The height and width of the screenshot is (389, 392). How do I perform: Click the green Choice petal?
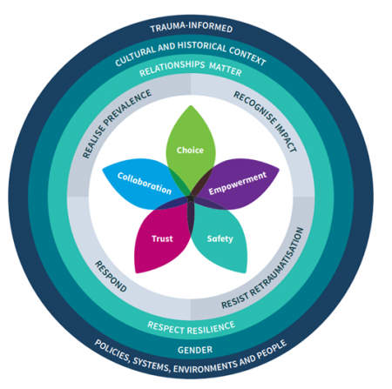191,145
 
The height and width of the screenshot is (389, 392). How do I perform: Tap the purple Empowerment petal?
238,184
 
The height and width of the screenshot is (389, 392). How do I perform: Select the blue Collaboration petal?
144,184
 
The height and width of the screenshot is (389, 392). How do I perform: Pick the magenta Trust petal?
162,238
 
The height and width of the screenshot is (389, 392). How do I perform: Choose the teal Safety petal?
220,238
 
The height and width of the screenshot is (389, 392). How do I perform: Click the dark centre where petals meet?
191,199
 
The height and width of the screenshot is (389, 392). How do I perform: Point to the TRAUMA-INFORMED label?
192,27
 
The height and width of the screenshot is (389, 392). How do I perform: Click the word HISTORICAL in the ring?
202,46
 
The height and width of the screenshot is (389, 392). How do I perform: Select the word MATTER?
226,69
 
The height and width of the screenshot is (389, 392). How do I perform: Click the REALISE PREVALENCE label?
117,124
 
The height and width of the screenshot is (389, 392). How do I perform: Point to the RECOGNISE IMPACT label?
265,121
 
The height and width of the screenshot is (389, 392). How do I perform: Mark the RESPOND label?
111,276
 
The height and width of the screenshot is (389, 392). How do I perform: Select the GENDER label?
195,350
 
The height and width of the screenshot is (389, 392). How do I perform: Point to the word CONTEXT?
247,56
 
